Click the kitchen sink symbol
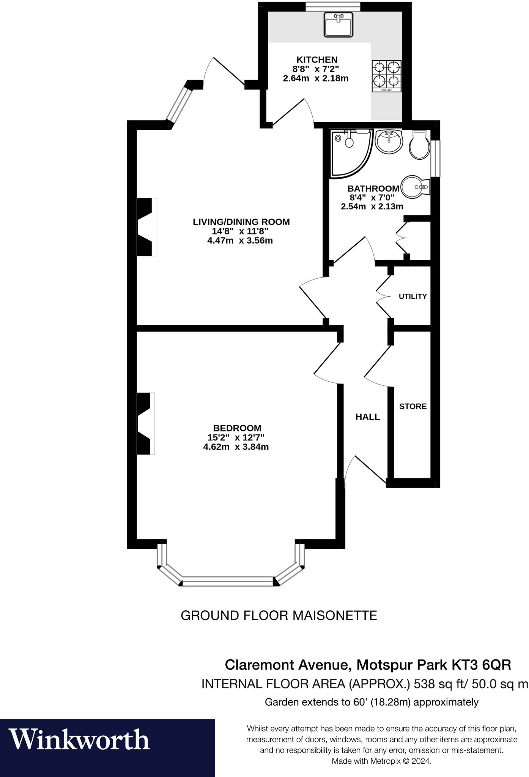[x=339, y=25]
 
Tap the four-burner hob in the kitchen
[x=386, y=76]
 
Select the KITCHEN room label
[x=316, y=60]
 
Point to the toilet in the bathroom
[x=420, y=145]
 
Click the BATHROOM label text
[x=373, y=189]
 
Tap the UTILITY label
[x=412, y=296]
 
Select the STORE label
[x=412, y=406]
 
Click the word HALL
[x=367, y=417]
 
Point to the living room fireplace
[x=146, y=227]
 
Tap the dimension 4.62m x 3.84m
[x=236, y=447]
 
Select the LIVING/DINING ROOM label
[x=241, y=222]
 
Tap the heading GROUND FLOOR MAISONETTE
[x=279, y=615]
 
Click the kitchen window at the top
[x=333, y=6]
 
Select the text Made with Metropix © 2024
[x=381, y=761]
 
